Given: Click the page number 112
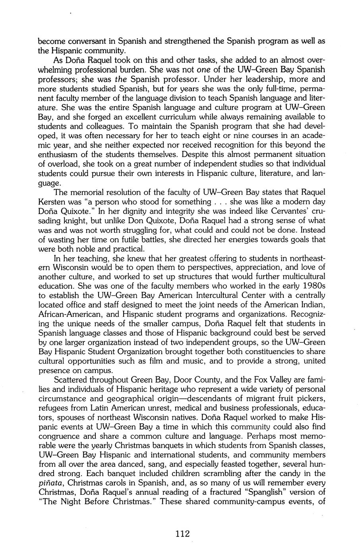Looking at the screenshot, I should [x=182, y=534].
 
